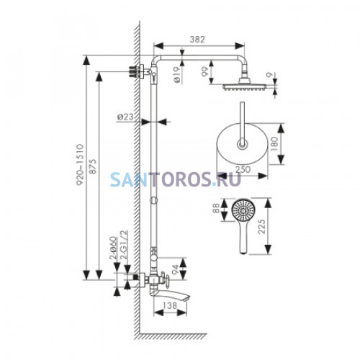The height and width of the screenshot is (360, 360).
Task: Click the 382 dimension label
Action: click(197, 40)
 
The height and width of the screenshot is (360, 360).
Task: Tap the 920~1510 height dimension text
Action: click(80, 164)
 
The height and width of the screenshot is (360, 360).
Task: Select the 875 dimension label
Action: click(92, 166)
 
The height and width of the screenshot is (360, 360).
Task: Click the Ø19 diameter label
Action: click(176, 75)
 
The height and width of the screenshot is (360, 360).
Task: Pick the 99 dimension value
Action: click(205, 72)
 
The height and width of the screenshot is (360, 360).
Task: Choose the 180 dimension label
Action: click(274, 144)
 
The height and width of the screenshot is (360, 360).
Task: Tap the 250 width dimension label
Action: click(243, 169)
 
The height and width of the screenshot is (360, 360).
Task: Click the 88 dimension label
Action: click(216, 208)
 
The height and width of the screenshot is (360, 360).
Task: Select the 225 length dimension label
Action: click(261, 226)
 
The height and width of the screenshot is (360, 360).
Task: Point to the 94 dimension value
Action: click(176, 269)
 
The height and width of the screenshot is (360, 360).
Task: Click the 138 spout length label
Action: click(169, 305)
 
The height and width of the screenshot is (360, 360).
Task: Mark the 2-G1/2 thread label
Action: click(124, 245)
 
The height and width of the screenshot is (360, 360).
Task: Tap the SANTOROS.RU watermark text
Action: click(176, 179)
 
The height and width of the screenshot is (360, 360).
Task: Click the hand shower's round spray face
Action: click(243, 210)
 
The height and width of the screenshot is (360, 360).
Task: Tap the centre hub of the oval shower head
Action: click(242, 144)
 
